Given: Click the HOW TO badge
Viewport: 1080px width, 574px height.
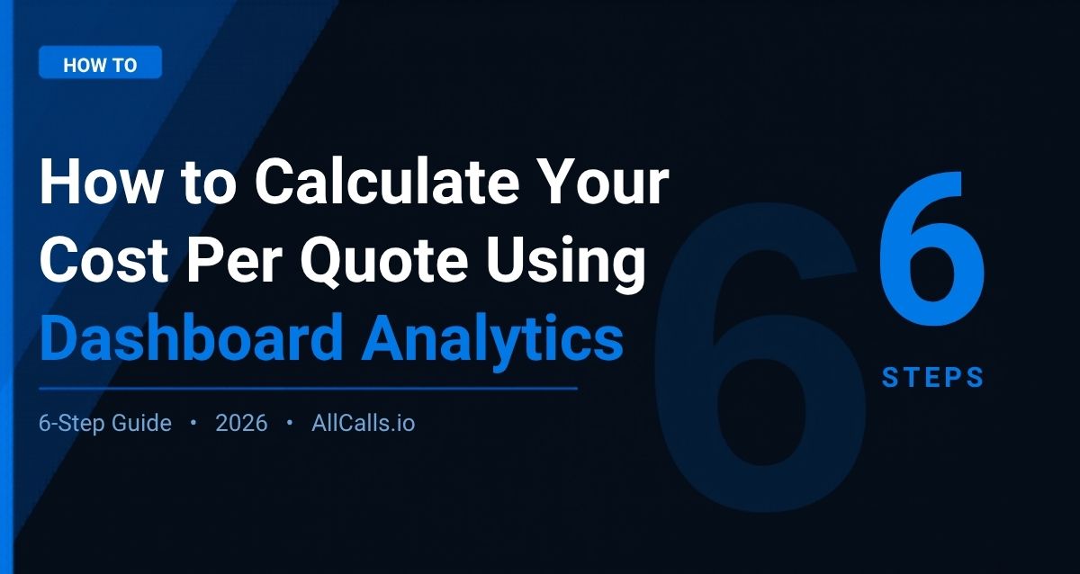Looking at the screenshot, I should pyautogui.click(x=100, y=65).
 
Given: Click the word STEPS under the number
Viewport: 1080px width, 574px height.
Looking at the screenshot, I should pyautogui.click(x=933, y=378).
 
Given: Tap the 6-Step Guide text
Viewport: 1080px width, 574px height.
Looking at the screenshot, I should pyautogui.click(x=105, y=423).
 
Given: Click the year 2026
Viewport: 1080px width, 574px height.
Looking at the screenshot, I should pyautogui.click(x=241, y=423).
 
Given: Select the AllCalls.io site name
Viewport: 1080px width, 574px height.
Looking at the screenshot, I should pyautogui.click(x=364, y=423).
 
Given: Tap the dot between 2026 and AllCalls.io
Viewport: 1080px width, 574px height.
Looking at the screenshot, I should pyautogui.click(x=289, y=423).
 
